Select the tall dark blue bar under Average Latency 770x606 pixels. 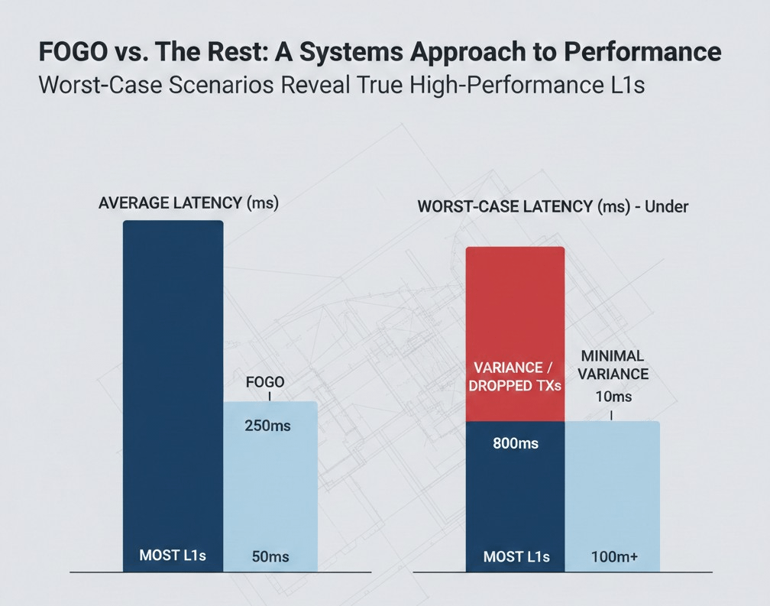[173, 382]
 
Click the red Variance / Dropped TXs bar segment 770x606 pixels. [515, 334]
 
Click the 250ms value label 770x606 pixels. [267, 426]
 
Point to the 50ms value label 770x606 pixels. [270, 557]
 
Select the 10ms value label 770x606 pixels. [613, 397]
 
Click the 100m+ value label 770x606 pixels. [614, 557]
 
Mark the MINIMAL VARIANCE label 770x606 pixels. [613, 365]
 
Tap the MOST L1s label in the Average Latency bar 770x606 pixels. [173, 556]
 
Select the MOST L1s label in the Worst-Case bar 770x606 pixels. [516, 556]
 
